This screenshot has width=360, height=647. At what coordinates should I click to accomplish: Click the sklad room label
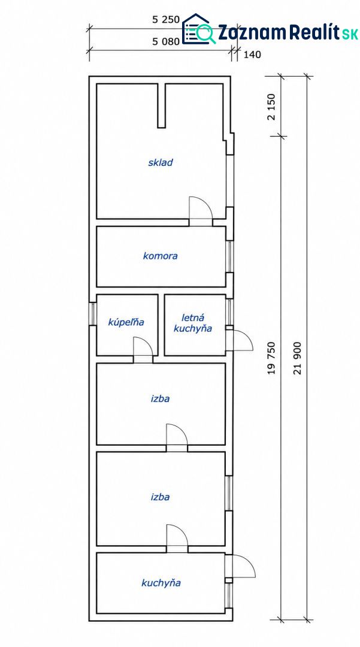[161, 162]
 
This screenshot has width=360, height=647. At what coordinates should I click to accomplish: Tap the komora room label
[161, 256]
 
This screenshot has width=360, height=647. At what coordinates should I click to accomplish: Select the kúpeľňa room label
[126, 322]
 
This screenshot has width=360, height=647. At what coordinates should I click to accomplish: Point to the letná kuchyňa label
[192, 323]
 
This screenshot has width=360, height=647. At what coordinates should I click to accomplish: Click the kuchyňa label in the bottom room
[161, 583]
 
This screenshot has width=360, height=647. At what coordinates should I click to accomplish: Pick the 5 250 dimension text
[165, 19]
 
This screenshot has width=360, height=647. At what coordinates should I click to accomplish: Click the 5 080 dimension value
[165, 41]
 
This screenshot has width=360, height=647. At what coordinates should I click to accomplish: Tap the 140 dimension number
[252, 55]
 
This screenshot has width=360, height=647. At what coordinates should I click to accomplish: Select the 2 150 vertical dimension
[271, 107]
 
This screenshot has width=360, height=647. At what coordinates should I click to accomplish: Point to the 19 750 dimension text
[271, 358]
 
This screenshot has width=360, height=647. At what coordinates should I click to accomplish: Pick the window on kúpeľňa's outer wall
[93, 314]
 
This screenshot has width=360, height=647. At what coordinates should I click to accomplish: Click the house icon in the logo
[196, 29]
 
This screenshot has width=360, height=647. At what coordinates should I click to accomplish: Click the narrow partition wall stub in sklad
[162, 105]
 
